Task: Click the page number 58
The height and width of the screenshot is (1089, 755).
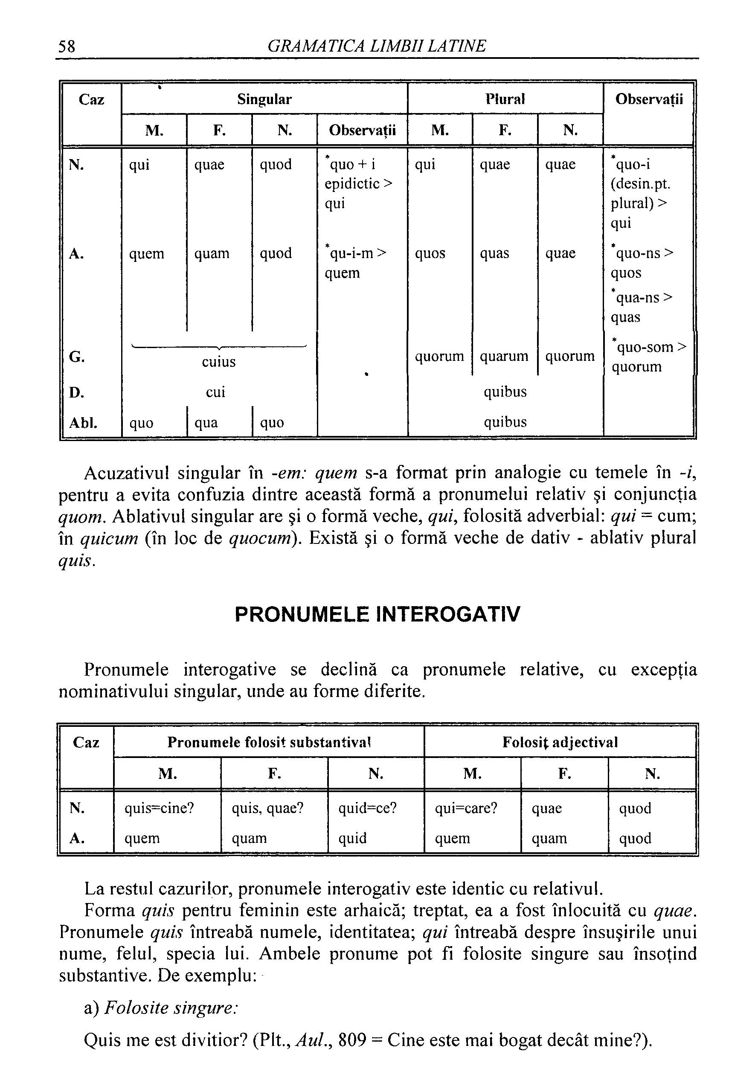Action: [67, 46]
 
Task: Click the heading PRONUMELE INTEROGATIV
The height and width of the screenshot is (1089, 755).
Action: [377, 615]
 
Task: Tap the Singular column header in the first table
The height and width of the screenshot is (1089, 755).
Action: [264, 99]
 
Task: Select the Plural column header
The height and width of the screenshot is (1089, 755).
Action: [505, 99]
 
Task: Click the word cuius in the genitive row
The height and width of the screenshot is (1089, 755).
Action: [218, 362]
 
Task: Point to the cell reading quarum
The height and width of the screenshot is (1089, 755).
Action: [504, 356]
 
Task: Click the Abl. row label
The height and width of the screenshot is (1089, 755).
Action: [83, 422]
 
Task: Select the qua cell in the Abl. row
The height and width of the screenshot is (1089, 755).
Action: [206, 422]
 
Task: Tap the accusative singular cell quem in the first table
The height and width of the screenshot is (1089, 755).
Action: [147, 253]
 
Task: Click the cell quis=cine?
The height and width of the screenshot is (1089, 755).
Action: [159, 808]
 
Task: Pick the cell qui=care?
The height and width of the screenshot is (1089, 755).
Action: [466, 808]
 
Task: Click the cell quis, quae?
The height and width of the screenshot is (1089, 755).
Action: [267, 808]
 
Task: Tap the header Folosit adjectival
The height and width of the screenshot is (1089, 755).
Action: [560, 742]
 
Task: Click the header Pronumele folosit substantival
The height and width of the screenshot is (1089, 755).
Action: [269, 742]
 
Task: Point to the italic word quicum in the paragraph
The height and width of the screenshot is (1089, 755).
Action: [109, 538]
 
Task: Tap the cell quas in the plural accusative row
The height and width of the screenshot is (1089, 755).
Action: [494, 253]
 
